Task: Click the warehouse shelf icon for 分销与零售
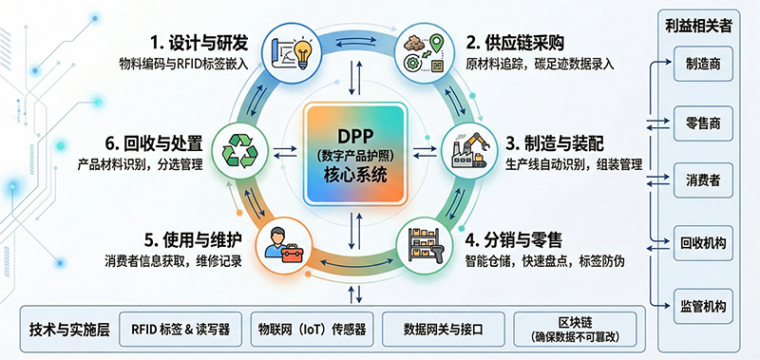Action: pyautogui.click(x=425, y=241)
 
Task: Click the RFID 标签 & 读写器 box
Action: pyautogui.click(x=180, y=331)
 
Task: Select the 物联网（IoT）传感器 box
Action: pyautogui.click(x=313, y=331)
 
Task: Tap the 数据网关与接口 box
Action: pyautogui.click(x=444, y=331)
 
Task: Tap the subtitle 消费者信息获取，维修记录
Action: pyautogui.click(x=172, y=260)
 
